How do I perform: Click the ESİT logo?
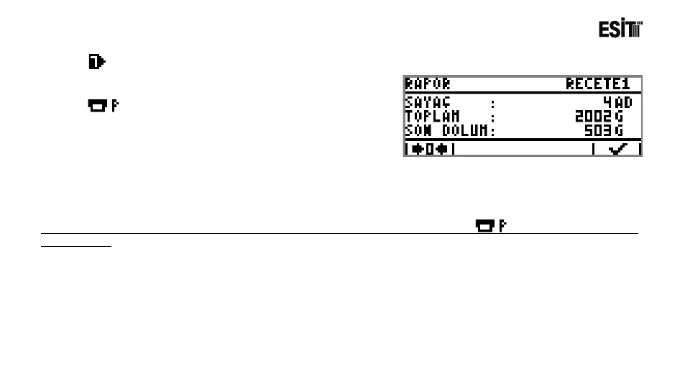pyautogui.click(x=620, y=30)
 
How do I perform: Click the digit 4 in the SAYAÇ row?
pyautogui.click(x=607, y=104)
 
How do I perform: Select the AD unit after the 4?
pyautogui.click(x=622, y=104)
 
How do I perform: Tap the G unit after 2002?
pyautogui.click(x=618, y=117)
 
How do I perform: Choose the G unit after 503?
pyautogui.click(x=618, y=130)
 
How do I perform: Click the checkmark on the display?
pyautogui.click(x=617, y=150)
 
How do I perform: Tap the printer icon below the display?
pyautogui.click(x=490, y=226)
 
